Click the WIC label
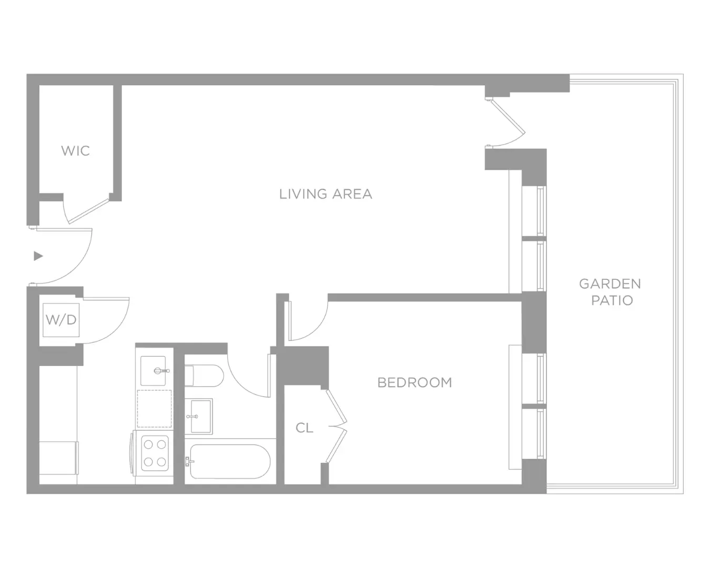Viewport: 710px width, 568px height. coord(76,151)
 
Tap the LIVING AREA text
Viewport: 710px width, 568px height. coord(326,194)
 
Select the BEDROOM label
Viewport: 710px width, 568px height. coord(415,382)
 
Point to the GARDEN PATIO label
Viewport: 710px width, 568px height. coord(611,292)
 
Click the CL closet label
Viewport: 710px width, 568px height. coord(304,428)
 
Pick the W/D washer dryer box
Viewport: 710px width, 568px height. coord(61,320)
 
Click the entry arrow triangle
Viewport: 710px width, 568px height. coord(38,256)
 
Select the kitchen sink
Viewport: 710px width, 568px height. coord(153,371)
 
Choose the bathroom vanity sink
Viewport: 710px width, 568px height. coord(198,417)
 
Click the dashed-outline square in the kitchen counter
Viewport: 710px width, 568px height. coord(155,409)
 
